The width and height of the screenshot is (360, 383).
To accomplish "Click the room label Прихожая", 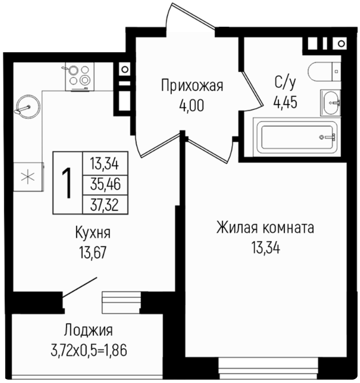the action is pos(192,86).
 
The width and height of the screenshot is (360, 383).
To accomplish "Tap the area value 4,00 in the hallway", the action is pos(191,106).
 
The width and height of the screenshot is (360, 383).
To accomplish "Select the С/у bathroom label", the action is pos(285,83).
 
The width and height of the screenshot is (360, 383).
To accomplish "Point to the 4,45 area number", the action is pos(285,102).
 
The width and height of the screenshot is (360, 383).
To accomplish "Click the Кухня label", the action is pos(93,233).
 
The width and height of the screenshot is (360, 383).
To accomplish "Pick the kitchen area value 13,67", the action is pos(93,253).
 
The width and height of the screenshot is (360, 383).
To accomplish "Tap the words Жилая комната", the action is pos(265,227).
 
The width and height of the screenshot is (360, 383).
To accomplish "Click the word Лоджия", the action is pos(89,331).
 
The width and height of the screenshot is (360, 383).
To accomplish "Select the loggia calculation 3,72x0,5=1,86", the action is pos(89,350).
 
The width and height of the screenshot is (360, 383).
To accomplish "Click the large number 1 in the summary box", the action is pos(67,183).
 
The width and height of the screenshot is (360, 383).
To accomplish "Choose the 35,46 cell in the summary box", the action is pos(105,185).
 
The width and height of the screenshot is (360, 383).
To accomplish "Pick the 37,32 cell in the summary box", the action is pos(105,205).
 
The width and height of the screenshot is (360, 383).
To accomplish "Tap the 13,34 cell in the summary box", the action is pos(105,164).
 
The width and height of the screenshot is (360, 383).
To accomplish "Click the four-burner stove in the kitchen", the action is pos(80,77).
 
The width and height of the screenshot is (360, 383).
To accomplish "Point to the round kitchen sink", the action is pos(27,107).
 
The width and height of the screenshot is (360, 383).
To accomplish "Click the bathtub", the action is pos(297,137).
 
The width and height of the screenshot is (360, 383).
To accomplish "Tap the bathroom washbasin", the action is pos(330,103).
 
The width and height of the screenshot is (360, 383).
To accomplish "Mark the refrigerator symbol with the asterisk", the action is pos(29,177).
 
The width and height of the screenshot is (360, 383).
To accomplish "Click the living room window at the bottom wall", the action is pos(269,369).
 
